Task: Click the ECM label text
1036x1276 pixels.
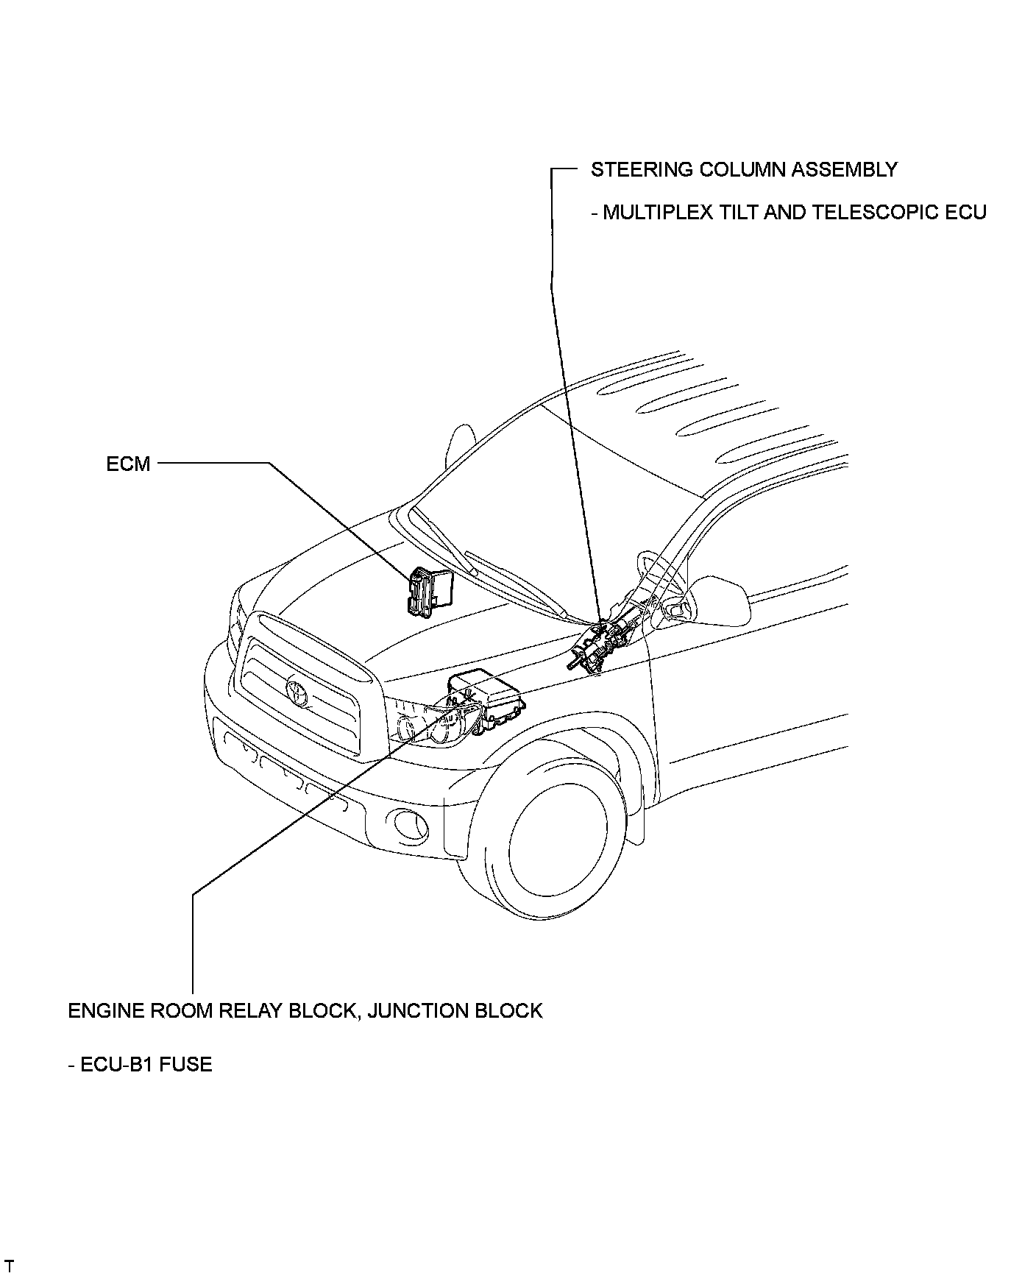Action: tap(128, 464)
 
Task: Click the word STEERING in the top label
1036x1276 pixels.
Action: tap(642, 170)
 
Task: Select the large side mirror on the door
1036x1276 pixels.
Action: tap(717, 598)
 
